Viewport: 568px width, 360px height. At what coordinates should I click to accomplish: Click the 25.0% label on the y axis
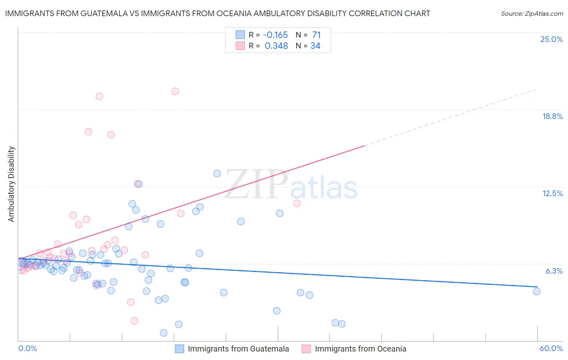551,39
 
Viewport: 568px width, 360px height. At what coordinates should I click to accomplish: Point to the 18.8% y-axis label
552,116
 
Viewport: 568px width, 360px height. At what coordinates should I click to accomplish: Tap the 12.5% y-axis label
552,193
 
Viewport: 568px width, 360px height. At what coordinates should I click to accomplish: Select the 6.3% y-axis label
554,271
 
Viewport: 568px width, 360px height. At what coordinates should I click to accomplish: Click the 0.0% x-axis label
27,348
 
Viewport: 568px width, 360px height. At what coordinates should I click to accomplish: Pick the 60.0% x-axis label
551,348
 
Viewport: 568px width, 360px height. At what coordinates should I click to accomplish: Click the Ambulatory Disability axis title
11,184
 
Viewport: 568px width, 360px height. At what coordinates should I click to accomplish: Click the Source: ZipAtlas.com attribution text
532,13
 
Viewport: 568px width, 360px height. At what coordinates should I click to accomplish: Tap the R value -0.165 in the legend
275,35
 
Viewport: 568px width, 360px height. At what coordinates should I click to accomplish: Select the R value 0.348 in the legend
276,46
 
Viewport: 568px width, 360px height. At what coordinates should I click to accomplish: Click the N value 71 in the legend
316,35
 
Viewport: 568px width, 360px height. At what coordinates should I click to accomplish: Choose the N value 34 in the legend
315,46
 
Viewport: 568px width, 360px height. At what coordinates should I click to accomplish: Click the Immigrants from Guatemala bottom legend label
238,349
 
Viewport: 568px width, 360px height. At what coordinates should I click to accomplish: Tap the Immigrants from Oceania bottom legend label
360,349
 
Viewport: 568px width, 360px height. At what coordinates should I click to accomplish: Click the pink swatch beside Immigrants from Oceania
306,349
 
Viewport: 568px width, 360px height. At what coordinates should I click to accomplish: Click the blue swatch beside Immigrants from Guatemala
179,349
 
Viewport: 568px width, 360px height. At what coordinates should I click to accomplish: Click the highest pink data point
175,91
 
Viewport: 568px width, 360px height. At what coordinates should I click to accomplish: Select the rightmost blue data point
536,291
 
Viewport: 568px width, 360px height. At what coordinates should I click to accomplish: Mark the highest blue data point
217,174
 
